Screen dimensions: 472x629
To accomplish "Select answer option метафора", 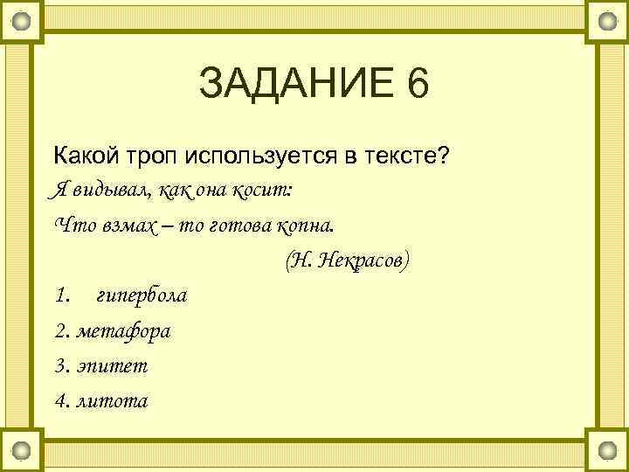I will pos(124,331).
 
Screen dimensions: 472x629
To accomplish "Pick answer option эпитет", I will pos(113,366).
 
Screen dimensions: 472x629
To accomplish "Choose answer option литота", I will pos(114,401).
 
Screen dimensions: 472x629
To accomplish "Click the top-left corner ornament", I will pos(22,19).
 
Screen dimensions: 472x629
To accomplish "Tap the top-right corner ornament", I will pos(607,19).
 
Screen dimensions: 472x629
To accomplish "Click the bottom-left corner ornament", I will pos(22,451).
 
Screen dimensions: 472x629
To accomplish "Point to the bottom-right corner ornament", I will pos(607,451).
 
